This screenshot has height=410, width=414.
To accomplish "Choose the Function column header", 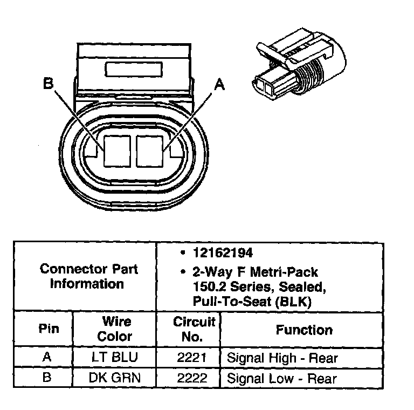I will [x=304, y=330].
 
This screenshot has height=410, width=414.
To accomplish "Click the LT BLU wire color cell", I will [x=114, y=357].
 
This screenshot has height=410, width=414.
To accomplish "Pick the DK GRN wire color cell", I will [x=114, y=378].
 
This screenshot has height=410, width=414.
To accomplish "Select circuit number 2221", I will [x=192, y=357].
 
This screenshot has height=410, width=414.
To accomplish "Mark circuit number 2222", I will [x=192, y=378].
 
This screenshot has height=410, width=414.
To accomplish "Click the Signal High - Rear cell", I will [x=282, y=357].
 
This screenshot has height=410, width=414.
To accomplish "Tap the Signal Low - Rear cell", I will [x=281, y=378].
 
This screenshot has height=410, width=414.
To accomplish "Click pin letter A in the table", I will [x=46, y=357].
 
